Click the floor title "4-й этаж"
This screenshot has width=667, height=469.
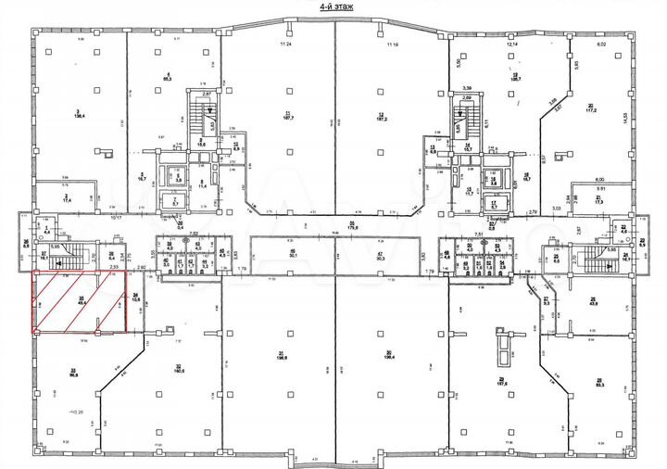[x=333, y=6]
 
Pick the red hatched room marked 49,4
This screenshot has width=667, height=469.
[x=82, y=300]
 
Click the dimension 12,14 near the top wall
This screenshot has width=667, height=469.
[x=510, y=44]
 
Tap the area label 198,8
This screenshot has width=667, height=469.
[x=280, y=355]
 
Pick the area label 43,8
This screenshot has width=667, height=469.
[x=590, y=300]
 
